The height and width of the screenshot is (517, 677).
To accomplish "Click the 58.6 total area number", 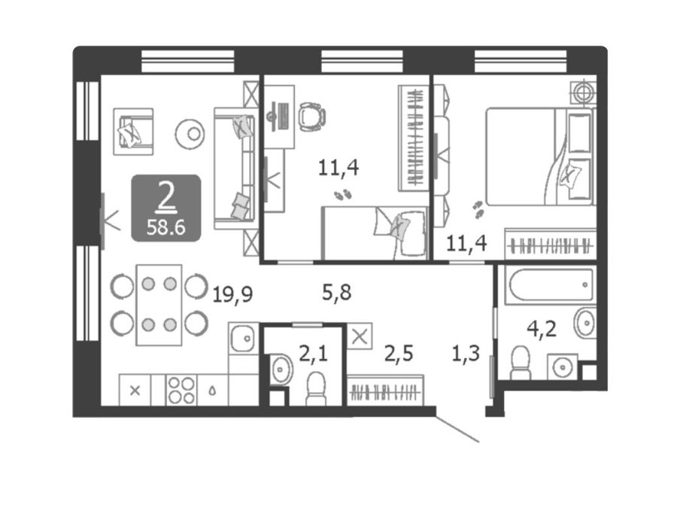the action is pos(165,227).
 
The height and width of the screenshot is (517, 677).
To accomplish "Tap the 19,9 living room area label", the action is pos(232,295).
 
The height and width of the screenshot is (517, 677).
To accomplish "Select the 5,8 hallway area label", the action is pos(337,293).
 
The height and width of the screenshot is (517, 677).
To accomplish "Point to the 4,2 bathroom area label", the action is pos(542,330).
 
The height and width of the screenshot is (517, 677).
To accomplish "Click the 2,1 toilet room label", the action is pos(314,354).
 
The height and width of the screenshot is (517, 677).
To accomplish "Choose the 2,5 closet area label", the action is pos(399,353).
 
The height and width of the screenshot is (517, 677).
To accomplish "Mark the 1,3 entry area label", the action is pos(466,354).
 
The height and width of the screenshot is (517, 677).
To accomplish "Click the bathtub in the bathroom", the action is pos(551,285).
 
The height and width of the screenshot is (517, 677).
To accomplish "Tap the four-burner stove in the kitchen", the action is pos(181,390).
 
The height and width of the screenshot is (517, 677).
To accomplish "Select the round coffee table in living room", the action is pos(190,134).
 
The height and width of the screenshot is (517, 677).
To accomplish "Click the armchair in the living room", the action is pos(133,131).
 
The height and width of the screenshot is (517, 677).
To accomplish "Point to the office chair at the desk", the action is pos(311,117).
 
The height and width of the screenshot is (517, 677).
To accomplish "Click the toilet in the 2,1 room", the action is pos(316,389).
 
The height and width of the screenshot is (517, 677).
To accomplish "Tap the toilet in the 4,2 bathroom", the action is pos(521,363).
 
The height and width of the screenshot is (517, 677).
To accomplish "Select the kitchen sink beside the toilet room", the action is pos(244,338).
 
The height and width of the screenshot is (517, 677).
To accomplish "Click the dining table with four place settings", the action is pos(159,305).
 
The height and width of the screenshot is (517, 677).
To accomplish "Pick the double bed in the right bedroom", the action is pos(539,157).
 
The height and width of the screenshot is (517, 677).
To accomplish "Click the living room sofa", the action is pos(235,169).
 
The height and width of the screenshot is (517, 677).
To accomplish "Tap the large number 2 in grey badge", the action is pos(166,197).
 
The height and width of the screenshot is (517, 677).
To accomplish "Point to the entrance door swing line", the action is pos(457,429).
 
